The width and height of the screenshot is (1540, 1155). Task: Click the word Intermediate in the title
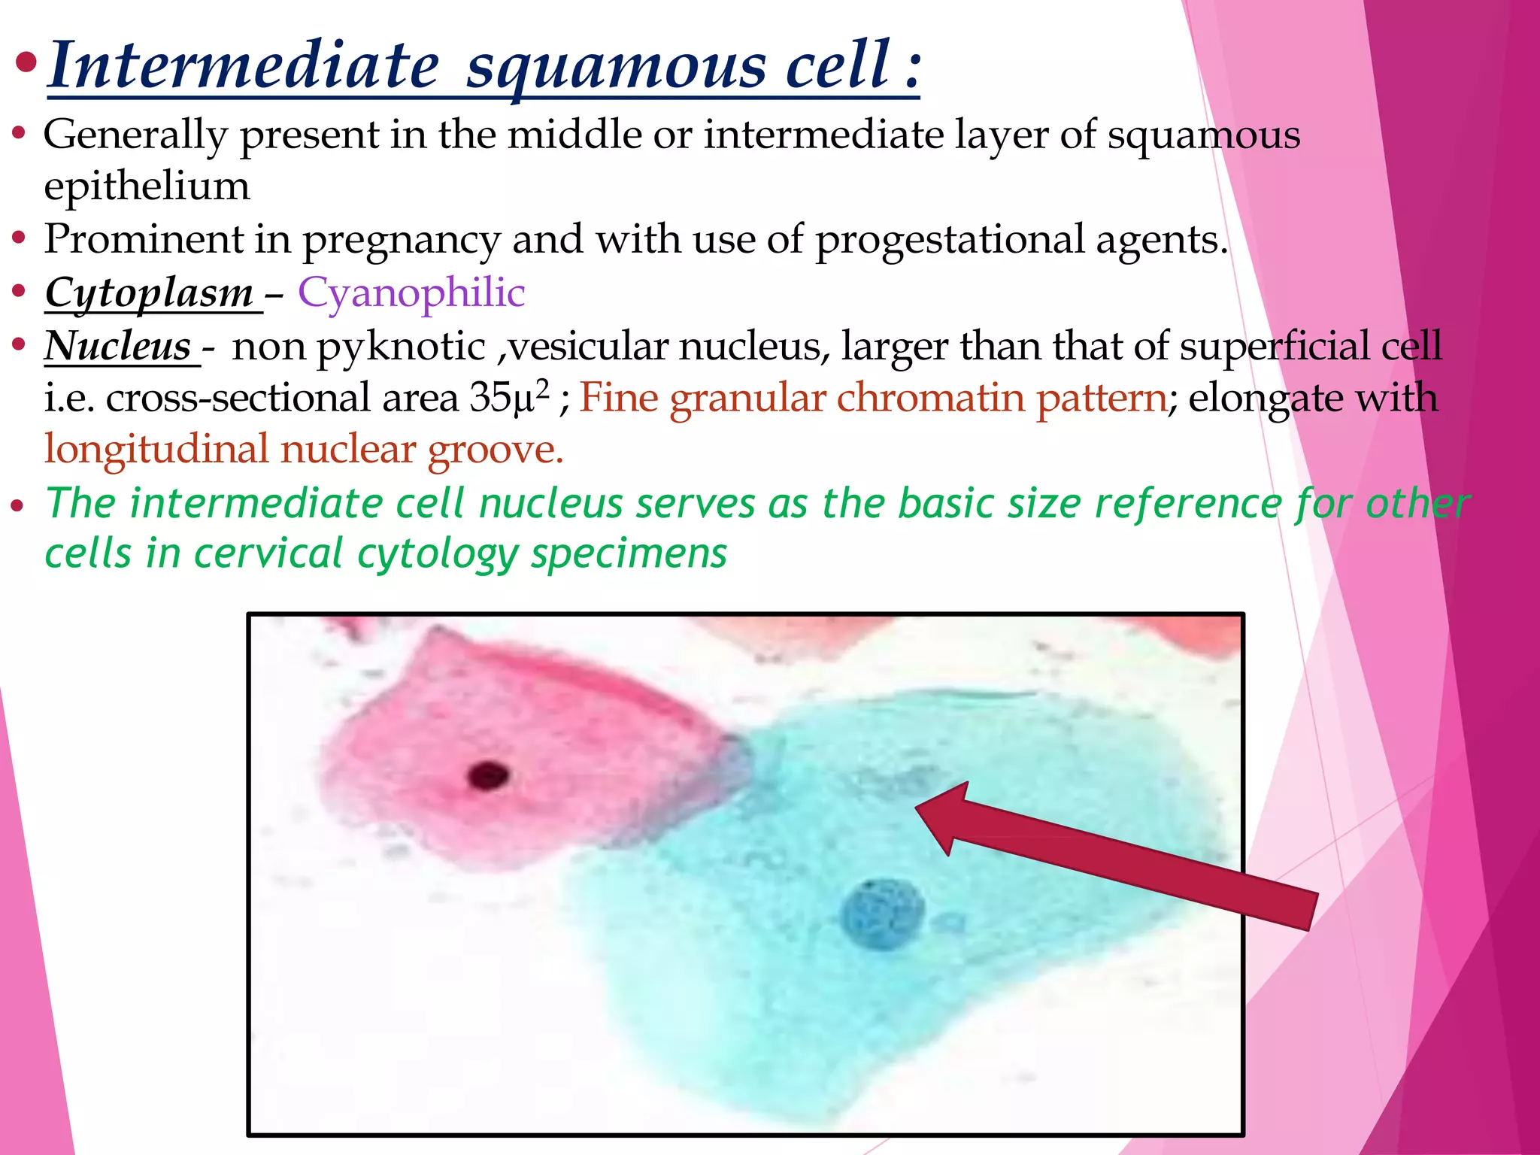243,66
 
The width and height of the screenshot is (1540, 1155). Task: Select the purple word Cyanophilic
411,293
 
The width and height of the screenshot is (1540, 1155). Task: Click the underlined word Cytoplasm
150,293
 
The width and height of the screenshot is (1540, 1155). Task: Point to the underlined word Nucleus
118,346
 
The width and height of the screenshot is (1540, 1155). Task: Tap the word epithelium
147,186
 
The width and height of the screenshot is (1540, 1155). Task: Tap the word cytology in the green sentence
438,555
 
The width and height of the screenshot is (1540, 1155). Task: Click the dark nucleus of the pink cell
488,775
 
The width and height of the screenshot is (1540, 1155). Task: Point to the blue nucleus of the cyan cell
882,913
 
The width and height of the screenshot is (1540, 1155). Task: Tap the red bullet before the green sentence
18,506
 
